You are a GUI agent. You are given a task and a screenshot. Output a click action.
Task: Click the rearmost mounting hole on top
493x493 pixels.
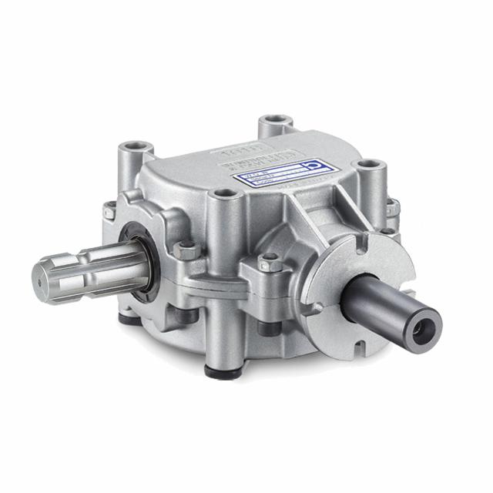click(x=275, y=122)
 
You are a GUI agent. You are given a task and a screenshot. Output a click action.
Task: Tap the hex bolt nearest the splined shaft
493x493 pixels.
click(x=185, y=250)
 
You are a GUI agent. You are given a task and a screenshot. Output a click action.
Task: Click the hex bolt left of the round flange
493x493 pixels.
click(x=269, y=263)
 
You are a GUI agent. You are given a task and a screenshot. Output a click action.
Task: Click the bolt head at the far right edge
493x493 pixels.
click(x=393, y=207)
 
